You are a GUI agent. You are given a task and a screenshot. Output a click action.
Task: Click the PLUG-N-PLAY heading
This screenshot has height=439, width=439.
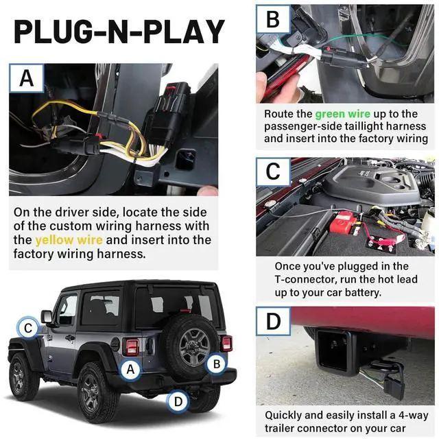tap(119, 32)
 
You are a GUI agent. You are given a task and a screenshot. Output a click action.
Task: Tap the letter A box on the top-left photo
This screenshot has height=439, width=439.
tap(27, 78)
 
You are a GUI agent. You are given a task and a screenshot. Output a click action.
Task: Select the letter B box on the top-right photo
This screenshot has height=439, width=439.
tap(273, 19)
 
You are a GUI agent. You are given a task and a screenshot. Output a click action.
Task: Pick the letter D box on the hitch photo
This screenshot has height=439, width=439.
tap(273, 322)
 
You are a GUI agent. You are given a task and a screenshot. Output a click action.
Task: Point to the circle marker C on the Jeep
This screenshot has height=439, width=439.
tap(27, 328)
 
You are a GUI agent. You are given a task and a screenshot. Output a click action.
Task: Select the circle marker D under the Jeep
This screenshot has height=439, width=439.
tap(177, 401)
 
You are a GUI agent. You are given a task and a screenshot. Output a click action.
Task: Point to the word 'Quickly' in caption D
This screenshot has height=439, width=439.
tap(286, 415)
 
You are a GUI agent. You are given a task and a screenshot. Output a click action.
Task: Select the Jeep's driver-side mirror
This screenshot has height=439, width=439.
tap(47, 316)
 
